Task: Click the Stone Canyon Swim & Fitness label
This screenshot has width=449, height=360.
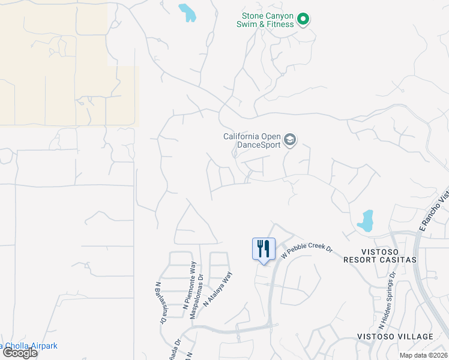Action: (268, 20)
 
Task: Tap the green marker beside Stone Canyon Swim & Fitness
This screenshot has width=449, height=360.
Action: (303, 19)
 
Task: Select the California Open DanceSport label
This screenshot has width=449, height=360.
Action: (252, 140)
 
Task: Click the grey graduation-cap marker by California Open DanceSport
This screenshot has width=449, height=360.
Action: (291, 140)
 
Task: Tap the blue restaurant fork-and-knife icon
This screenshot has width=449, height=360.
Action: (264, 248)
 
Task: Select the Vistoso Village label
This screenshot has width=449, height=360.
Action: (395, 336)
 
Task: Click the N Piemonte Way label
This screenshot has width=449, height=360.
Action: (189, 285)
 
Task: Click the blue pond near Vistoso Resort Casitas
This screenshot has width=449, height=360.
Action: (365, 221)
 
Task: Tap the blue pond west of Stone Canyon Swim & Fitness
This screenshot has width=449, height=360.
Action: (187, 12)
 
